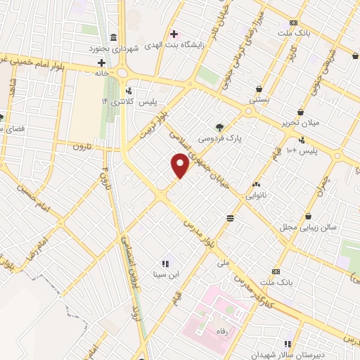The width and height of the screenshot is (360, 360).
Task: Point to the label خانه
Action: pos(102,72)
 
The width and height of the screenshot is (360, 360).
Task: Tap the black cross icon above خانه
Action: pos(101,63)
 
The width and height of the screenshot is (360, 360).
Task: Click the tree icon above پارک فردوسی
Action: pos(220,127)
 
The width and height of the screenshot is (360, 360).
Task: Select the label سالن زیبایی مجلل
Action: pos(309,227)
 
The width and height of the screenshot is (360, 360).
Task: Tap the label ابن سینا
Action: pos(167,274)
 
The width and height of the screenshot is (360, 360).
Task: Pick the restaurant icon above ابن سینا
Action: pos(166,263)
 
